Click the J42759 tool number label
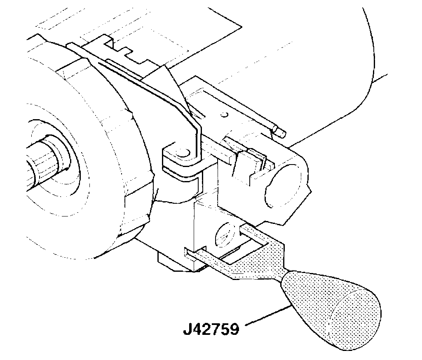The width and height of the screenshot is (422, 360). click(211, 330)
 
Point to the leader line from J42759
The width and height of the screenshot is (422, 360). click(268, 315)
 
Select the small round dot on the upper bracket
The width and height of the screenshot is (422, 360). click(225, 114)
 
